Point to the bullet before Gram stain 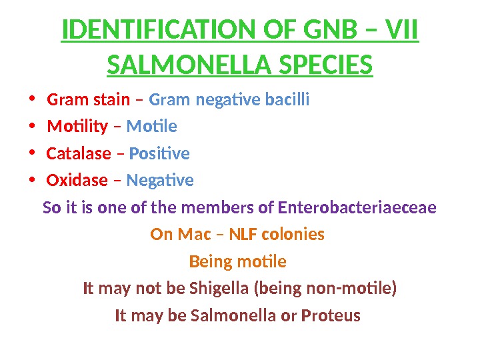click(x=31, y=100)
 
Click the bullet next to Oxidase click(x=31, y=180)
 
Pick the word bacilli click(x=287, y=100)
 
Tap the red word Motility click(x=77, y=127)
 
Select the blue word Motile click(x=151, y=127)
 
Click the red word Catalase click(x=79, y=154)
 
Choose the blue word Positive click(x=159, y=154)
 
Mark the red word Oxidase click(x=77, y=181)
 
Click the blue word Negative click(x=160, y=181)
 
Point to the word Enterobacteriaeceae click(x=357, y=208)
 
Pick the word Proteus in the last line click(x=331, y=315)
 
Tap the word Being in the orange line click(x=207, y=261)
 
